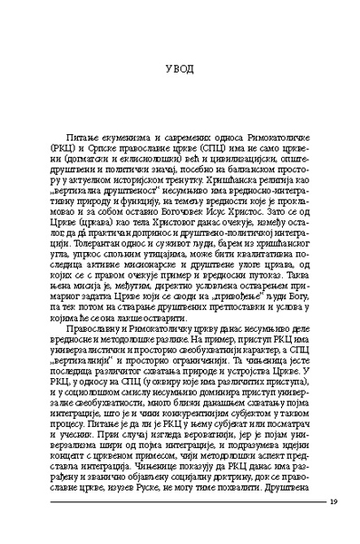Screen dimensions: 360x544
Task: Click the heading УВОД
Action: [180, 70]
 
